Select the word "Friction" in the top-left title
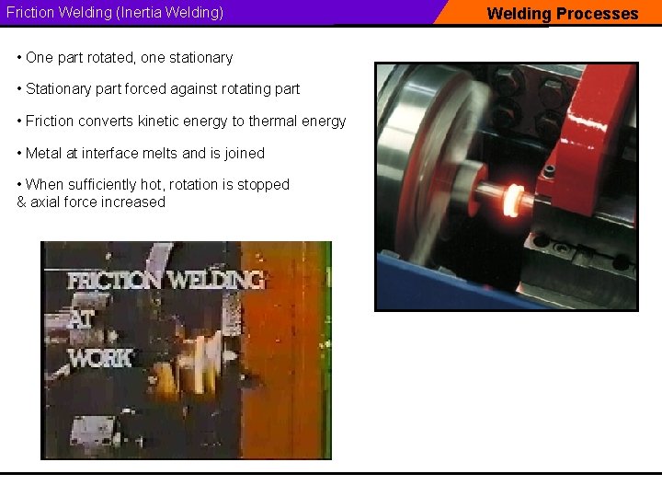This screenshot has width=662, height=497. click(x=30, y=14)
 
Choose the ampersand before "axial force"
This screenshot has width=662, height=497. click(x=21, y=202)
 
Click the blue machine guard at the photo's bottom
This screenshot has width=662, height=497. click(x=441, y=285)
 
